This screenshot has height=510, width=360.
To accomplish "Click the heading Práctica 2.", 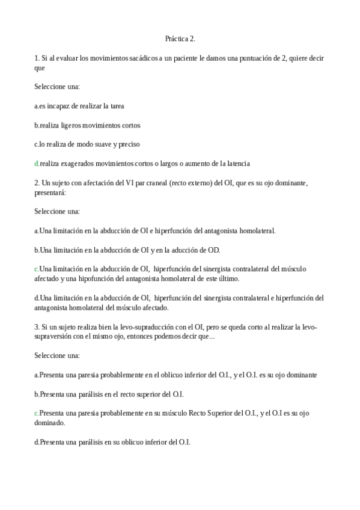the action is pos(180,39).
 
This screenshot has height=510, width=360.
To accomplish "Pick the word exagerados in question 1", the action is pos(78,164).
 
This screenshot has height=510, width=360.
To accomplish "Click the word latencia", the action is pos(235,164).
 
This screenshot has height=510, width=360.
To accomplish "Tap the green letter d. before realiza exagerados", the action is pos(37,164).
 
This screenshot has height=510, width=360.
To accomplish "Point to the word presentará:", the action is pos(50,192).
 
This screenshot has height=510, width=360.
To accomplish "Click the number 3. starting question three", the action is pos(37,327).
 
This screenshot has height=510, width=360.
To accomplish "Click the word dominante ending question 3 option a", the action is pos(301,375).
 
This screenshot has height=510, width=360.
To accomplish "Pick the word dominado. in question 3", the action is pos(50,422).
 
